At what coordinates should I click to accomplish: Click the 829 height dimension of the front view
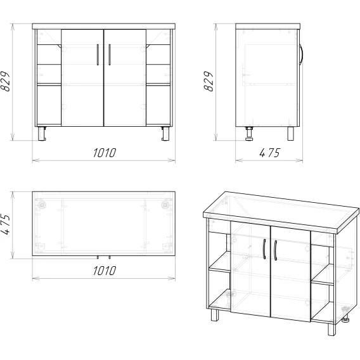coord(5,82)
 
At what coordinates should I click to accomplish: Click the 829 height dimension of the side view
coord(209,82)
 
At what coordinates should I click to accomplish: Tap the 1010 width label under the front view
coord(105,153)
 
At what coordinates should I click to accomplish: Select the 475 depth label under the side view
coord(270,153)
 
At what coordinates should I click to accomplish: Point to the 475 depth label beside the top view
coord(5,224)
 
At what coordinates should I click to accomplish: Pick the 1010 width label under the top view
coord(105,271)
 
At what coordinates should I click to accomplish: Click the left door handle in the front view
coord(98,55)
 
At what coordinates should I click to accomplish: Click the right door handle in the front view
coord(109,55)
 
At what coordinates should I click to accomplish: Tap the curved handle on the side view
coord(301,55)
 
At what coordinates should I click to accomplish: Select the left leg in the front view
coord(42,133)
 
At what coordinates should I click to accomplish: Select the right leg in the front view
coord(165,133)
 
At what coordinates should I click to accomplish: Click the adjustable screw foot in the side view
coord(249,134)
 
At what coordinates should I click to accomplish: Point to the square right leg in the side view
coord(290,133)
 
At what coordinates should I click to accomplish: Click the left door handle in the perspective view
coord(264,249)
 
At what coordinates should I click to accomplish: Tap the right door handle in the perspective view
coord(275,250)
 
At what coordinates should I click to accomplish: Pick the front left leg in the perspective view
coord(215,315)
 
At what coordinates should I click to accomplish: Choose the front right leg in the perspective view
coord(331,330)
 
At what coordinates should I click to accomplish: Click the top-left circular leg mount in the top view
coord(42,205)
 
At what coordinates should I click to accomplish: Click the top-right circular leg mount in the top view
coord(165,205)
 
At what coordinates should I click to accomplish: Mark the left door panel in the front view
coord(82,77)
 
